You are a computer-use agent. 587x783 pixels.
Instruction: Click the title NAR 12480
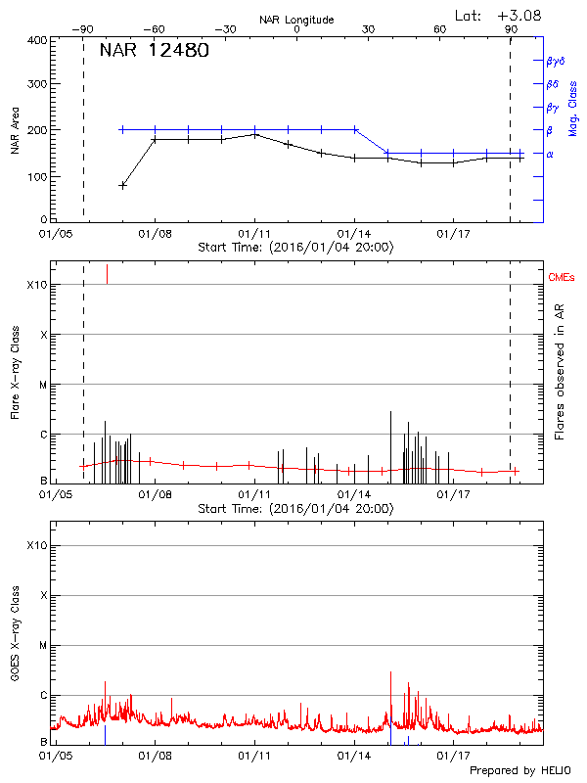154,51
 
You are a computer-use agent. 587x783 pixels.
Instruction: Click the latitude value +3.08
519,15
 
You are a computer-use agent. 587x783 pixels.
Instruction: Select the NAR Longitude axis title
296,19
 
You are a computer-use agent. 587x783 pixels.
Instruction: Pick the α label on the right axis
550,154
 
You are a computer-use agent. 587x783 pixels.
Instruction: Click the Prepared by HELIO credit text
519,771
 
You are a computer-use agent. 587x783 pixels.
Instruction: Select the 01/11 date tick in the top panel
254,234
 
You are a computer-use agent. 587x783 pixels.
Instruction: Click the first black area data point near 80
122,185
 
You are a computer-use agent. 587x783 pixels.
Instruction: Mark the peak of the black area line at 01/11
255,134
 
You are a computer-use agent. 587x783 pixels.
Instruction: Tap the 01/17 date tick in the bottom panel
455,756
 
